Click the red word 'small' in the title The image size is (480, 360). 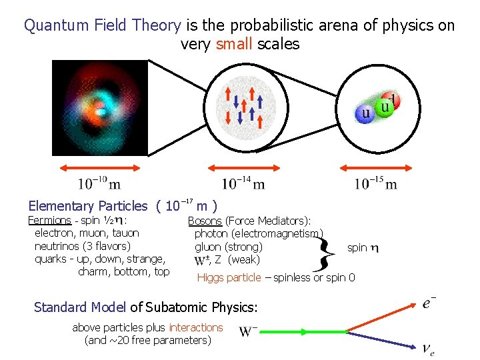tap(234, 45)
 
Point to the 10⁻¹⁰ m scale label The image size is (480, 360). tap(99, 183)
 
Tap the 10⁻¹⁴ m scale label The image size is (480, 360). tap(243, 183)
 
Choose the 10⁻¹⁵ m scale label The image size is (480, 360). tap(375, 183)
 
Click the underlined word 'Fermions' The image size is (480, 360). tap(49, 221)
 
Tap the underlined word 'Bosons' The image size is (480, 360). tap(205, 221)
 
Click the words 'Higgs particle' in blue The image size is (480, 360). tap(229, 277)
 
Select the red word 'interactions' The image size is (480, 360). tap(195, 327)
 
